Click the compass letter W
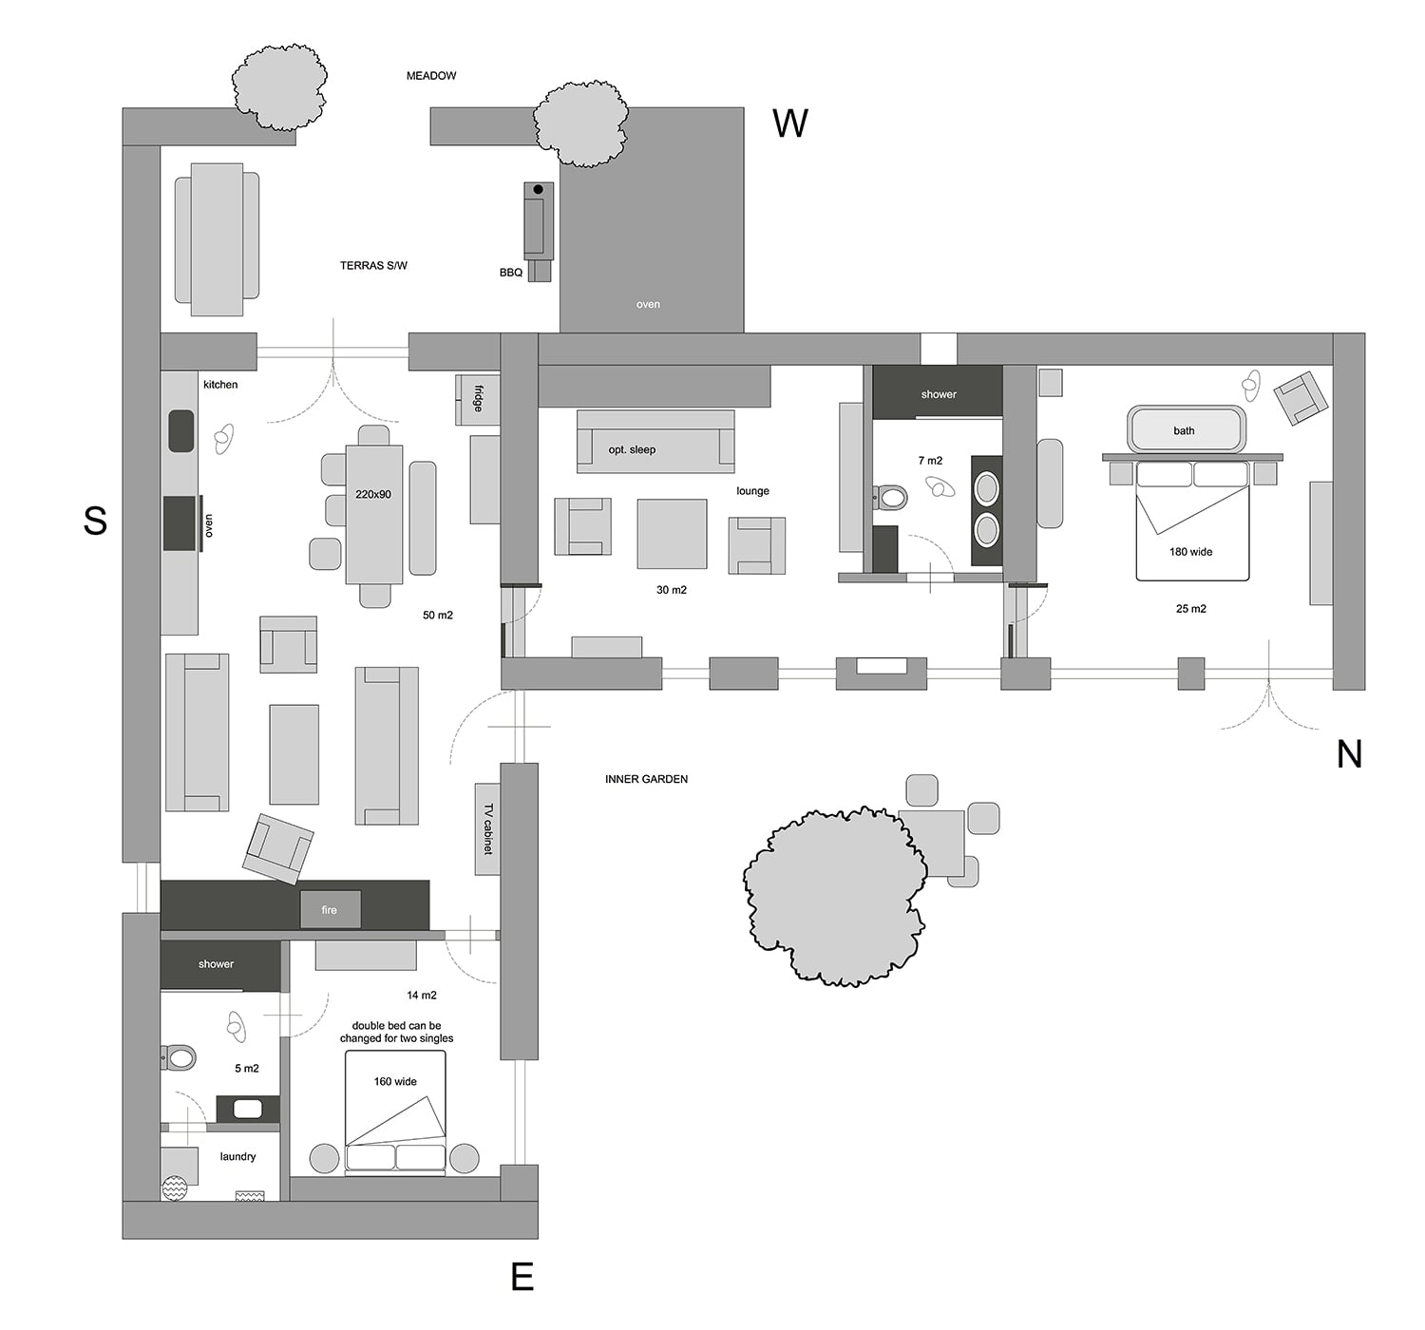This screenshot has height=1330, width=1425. (x=789, y=123)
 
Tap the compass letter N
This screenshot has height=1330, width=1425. (x=1349, y=754)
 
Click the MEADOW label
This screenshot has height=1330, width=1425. (x=431, y=76)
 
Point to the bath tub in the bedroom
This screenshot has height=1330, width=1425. (x=1185, y=430)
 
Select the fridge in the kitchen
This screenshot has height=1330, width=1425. (x=477, y=400)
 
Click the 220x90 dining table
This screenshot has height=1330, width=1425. (x=373, y=513)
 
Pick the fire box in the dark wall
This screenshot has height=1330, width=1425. (x=330, y=909)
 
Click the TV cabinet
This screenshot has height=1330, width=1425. (x=487, y=828)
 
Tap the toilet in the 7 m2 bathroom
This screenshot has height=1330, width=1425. (x=891, y=497)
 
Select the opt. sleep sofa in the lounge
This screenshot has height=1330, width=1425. (x=655, y=442)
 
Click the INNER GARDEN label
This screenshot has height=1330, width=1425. (x=646, y=779)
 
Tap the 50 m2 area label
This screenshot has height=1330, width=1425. (x=438, y=616)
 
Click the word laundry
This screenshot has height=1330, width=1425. (x=237, y=1156)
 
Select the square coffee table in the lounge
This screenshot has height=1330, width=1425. (x=672, y=534)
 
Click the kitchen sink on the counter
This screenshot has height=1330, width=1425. (x=181, y=430)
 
